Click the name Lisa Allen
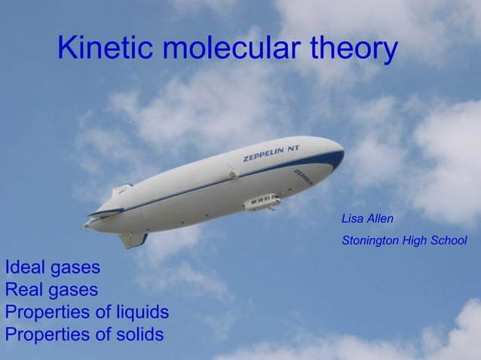(x=368, y=219)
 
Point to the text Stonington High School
(x=404, y=241)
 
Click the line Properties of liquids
(x=87, y=312)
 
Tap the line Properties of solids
(x=84, y=334)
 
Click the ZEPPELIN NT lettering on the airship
(x=271, y=153)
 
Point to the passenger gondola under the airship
(x=262, y=202)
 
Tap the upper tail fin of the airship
(x=121, y=191)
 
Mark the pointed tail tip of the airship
(x=85, y=225)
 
